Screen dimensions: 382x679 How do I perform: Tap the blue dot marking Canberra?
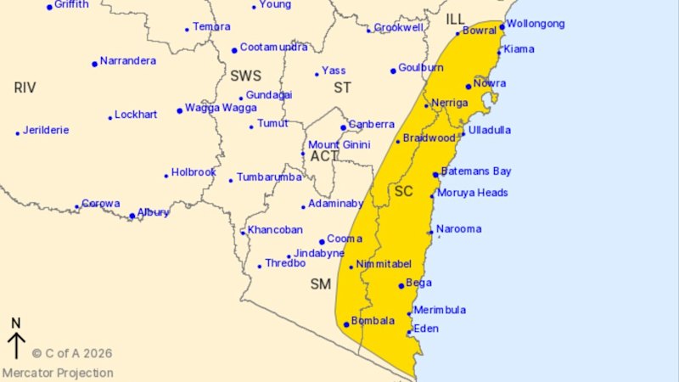343,127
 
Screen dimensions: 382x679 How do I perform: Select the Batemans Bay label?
474,171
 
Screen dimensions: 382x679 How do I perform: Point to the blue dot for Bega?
401,286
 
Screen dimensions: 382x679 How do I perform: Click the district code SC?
403,192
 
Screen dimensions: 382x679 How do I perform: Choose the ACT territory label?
323,156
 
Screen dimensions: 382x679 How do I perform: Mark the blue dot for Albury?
132,216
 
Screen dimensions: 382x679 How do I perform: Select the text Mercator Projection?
58,373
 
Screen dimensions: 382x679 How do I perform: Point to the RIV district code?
25,87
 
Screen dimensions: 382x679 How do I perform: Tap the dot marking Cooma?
322,241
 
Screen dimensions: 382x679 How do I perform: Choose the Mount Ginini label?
339,144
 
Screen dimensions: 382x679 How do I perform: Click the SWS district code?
245,76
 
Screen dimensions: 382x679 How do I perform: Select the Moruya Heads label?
472,193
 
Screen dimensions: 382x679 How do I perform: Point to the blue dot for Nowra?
468,87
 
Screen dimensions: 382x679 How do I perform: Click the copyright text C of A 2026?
72,353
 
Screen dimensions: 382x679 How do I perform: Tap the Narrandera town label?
127,61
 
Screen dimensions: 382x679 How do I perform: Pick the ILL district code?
456,19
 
